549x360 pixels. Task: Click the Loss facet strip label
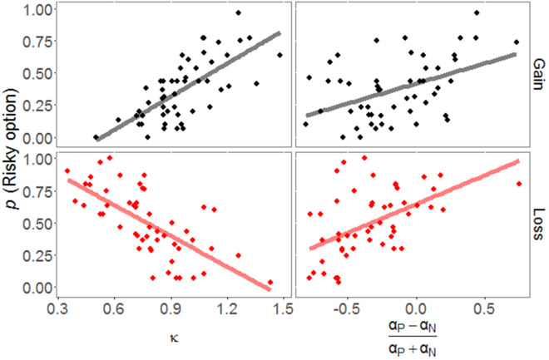(538, 223)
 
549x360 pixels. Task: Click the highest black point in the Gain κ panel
(238, 12)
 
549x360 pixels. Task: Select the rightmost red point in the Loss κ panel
(270, 283)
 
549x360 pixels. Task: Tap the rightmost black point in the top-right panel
(517, 42)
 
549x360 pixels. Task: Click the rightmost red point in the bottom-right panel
(519, 184)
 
